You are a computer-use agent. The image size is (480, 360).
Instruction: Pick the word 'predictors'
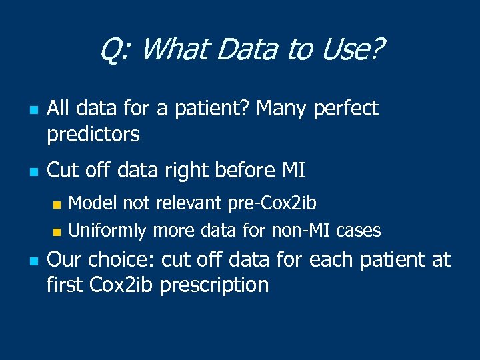[93, 135]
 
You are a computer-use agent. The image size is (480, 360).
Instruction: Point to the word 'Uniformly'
[108, 231]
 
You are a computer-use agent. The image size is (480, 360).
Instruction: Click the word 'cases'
[359, 231]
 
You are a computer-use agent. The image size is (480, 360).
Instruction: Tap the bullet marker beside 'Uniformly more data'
[57, 232]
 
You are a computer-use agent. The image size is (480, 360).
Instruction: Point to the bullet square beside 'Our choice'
[31, 261]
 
